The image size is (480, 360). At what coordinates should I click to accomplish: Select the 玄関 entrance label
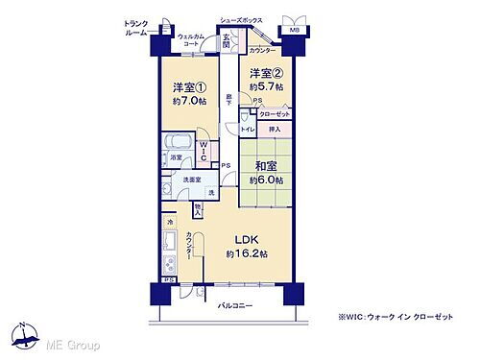click(x=226, y=41)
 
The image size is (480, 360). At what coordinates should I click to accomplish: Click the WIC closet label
click(x=204, y=150)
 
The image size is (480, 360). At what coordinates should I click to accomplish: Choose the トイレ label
click(x=248, y=128)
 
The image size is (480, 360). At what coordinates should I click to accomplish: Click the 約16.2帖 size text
click(x=247, y=253)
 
